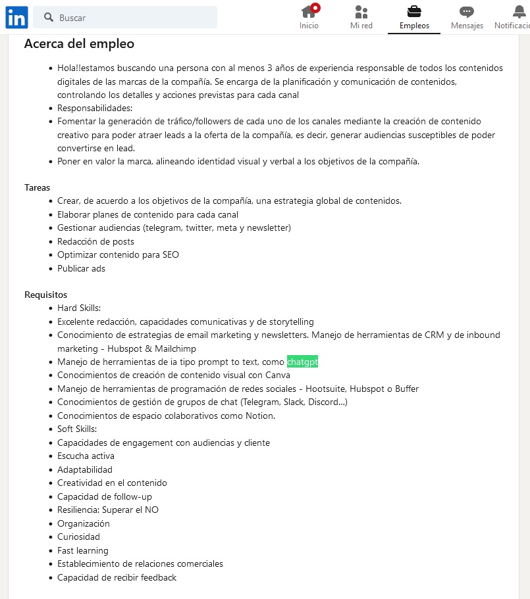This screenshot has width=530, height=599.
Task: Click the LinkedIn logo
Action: [x=16, y=18]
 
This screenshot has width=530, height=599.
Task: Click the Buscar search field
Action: [x=132, y=18]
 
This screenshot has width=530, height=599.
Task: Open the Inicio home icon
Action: [x=309, y=12]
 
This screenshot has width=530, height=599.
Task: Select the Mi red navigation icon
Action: [x=361, y=12]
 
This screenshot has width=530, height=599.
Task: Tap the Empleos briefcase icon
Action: [x=414, y=12]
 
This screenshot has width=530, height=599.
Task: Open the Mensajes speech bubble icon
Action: [x=467, y=12]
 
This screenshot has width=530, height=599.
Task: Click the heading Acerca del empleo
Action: [x=79, y=44]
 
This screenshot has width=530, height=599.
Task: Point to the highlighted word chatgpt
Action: [x=302, y=362]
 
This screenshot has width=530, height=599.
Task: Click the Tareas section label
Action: [x=38, y=187]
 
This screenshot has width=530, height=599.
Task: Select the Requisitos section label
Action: [x=45, y=295]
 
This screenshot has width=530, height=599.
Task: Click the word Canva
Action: [x=277, y=375]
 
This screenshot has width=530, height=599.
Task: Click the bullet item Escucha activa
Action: [x=86, y=456]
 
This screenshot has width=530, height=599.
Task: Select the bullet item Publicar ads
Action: [x=81, y=268]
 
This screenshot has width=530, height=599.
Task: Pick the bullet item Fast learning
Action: [x=83, y=550]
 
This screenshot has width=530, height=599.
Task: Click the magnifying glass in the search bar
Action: [x=49, y=18]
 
